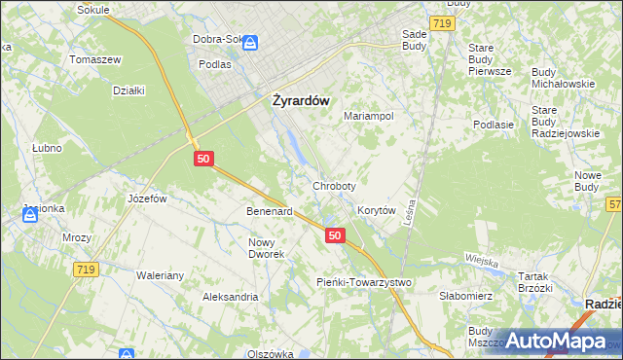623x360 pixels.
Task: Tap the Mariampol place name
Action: (368, 116)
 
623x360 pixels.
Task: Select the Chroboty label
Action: (334, 185)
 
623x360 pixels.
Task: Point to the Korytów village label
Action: (376, 210)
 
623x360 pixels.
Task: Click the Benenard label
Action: (270, 211)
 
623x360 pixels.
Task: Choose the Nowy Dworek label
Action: (266, 248)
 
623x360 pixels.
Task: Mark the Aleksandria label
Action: (230, 296)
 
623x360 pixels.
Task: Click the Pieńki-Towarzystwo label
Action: (364, 281)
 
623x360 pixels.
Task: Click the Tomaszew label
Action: (94, 59)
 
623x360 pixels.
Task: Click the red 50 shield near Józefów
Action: (202, 159)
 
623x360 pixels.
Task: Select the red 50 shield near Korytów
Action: (335, 235)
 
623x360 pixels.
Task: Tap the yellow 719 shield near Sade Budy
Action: (441, 21)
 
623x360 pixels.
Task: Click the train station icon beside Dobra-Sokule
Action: (250, 43)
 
